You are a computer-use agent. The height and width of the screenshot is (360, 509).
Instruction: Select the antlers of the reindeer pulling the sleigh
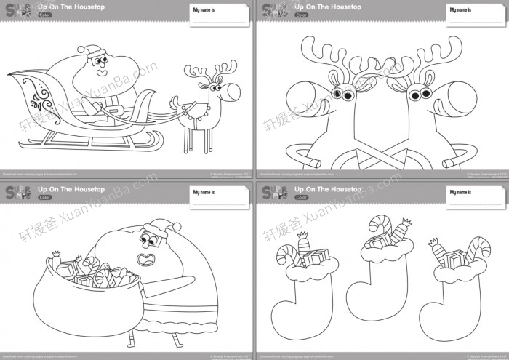pyautogui.click(x=201, y=72)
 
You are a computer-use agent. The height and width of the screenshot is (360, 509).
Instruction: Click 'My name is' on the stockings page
pyautogui.click(x=460, y=193)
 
